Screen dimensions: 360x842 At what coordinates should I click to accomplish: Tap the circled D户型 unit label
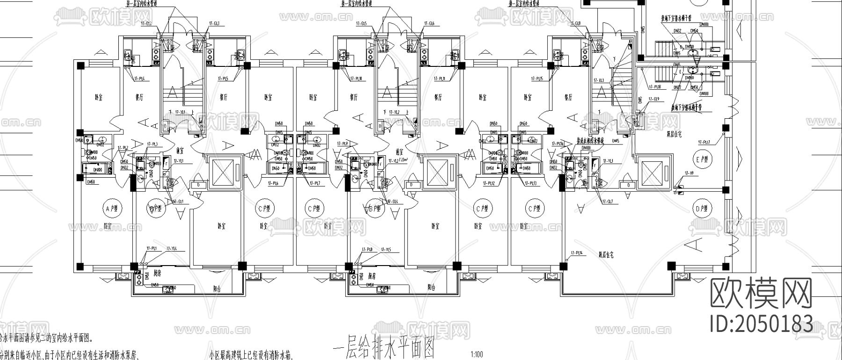(700, 209)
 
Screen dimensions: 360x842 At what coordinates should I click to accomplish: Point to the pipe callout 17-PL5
(223, 79)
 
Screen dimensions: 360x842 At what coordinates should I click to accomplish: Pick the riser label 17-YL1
(179, 161)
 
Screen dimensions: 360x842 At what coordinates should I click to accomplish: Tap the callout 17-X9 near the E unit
(689, 173)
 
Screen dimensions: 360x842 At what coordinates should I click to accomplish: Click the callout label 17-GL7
(607, 201)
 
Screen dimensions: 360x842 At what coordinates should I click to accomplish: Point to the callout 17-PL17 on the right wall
(704, 142)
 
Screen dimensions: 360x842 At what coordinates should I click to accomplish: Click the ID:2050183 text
(761, 324)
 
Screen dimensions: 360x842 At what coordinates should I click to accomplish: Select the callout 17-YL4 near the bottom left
(171, 248)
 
